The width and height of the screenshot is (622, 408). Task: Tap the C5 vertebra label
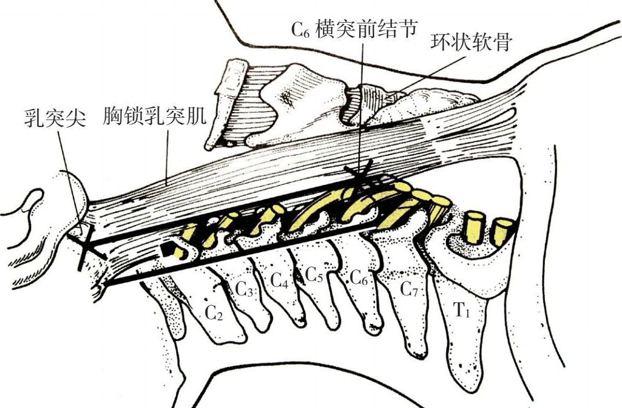(x=314, y=273)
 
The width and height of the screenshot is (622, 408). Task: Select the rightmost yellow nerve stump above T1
(x=502, y=229)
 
